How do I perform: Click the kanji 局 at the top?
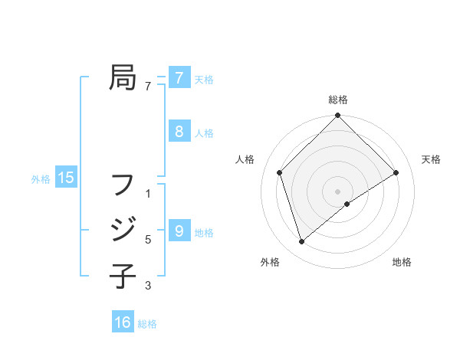click(123, 77)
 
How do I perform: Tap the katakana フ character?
click(123, 185)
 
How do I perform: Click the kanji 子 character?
click(123, 275)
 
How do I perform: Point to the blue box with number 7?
click(179, 78)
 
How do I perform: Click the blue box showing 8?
click(179, 132)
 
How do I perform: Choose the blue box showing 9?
click(179, 231)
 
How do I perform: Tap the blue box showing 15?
click(66, 178)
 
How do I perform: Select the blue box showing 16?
click(123, 322)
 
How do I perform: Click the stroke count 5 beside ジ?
click(148, 240)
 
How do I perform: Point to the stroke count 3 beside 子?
click(148, 286)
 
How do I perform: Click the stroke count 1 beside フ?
click(148, 194)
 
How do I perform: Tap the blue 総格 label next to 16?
click(147, 323)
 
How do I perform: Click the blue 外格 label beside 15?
click(41, 179)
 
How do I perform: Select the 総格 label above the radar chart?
click(337, 100)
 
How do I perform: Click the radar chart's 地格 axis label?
click(402, 262)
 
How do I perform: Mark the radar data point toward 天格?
click(396, 172)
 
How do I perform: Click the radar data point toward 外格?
click(301, 242)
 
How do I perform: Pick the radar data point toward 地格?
click(347, 204)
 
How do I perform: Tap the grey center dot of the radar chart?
click(337, 191)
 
